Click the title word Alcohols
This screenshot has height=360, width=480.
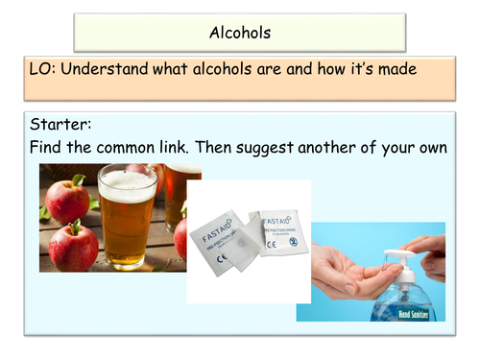240,33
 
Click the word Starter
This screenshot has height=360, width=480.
62,127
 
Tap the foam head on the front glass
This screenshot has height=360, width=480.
128,181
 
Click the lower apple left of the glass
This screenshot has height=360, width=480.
72,246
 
